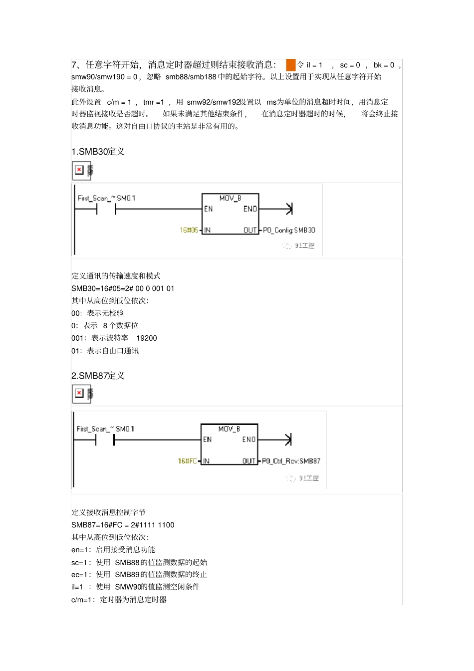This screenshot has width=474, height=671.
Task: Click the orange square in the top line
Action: pyautogui.click(x=290, y=65)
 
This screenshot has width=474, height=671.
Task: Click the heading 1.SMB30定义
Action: pyautogui.click(x=98, y=152)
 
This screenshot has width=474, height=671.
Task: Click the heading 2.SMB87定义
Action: pyautogui.click(x=98, y=376)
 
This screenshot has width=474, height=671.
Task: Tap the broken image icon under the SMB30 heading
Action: pyautogui.click(x=79, y=170)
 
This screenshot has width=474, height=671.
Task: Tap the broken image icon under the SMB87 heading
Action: pyautogui.click(x=79, y=394)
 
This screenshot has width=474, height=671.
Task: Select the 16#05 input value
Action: pyautogui.click(x=189, y=230)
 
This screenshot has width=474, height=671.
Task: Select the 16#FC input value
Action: pyautogui.click(x=188, y=461)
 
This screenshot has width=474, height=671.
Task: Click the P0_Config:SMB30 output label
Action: pyautogui.click(x=289, y=230)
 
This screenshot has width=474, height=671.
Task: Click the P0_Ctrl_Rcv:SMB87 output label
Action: pyautogui.click(x=291, y=461)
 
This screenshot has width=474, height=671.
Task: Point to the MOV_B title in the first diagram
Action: pyautogui.click(x=230, y=198)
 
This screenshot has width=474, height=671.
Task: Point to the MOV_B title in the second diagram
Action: pyautogui.click(x=229, y=429)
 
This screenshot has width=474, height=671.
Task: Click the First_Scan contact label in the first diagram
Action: pyautogui.click(x=106, y=198)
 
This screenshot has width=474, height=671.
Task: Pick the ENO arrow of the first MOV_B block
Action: pyautogui.click(x=288, y=209)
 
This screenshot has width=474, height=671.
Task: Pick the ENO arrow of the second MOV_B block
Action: pyautogui.click(x=287, y=440)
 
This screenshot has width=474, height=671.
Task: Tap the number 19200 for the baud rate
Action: pyautogui.click(x=147, y=338)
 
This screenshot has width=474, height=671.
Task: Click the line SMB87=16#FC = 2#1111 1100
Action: pyautogui.click(x=123, y=525)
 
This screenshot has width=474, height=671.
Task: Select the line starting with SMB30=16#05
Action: pyautogui.click(x=123, y=288)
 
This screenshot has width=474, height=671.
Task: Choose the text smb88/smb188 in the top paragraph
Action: pyautogui.click(x=191, y=77)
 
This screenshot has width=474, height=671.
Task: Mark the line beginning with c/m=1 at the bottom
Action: pyautogui.click(x=119, y=600)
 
